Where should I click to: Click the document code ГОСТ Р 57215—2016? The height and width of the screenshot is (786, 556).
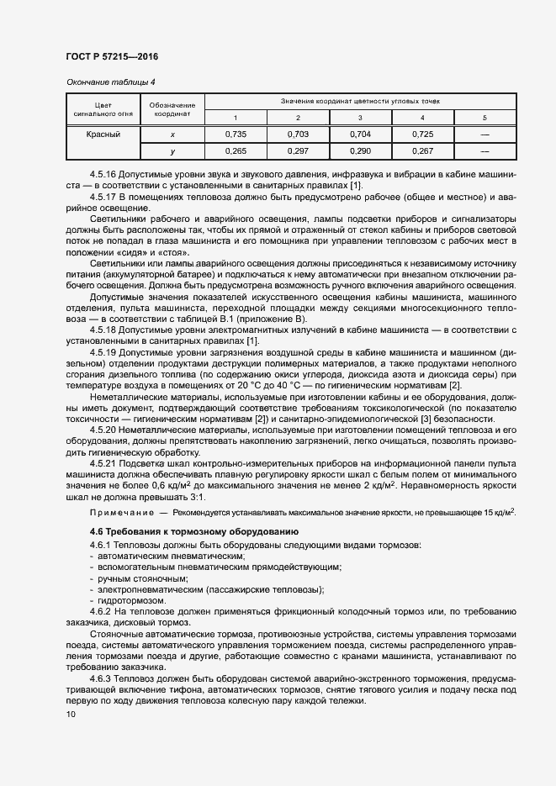tap(111, 56)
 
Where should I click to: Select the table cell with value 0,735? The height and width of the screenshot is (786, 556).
tap(236, 134)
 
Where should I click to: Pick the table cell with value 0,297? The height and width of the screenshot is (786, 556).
tap(298, 150)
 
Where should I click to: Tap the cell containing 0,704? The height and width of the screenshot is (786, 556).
tap(360, 134)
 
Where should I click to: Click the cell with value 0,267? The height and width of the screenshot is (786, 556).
tap(422, 150)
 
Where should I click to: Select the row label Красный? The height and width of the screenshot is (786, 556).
tap(103, 134)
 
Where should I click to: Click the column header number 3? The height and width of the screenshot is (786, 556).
tap(360, 117)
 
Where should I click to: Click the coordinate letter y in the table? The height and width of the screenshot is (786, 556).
tap(172, 150)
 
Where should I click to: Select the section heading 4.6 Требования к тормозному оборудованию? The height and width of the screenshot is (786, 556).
tap(186, 531)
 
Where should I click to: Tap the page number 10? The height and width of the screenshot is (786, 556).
tap(71, 715)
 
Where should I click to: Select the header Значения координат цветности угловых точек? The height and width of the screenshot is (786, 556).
tap(360, 101)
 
